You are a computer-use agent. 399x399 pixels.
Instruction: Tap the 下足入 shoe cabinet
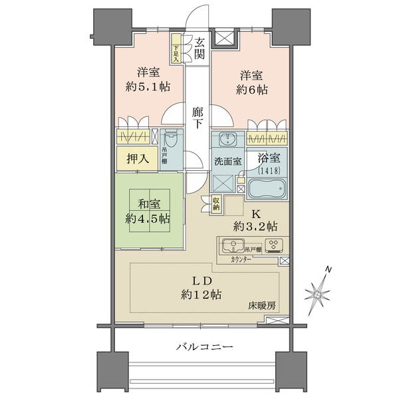pos(176,49)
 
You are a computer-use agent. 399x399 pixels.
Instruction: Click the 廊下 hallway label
pos(198,119)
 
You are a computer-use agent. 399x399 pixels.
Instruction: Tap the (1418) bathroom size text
pos(267,170)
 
